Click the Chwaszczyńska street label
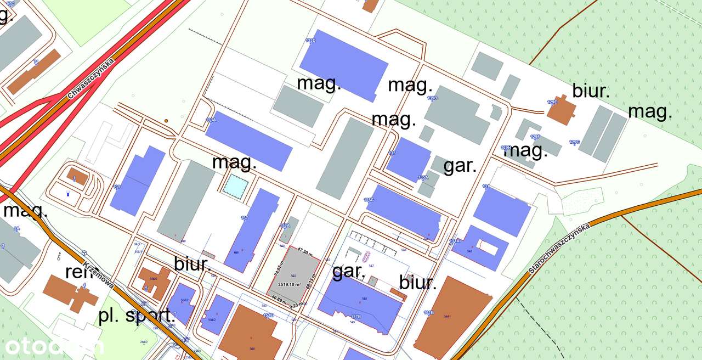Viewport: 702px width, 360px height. click(x=90, y=80)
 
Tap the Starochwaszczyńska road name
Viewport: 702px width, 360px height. click(x=559, y=249)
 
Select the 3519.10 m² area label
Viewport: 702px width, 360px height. click(x=290, y=284)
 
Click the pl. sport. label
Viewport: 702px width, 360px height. click(x=137, y=316)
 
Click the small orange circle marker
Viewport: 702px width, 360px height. click(x=166, y=120)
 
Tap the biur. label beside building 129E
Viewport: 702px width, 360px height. click(x=591, y=91)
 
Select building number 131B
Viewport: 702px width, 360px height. click(x=428, y=313)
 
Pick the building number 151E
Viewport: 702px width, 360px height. click(x=268, y=316)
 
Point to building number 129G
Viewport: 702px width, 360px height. click(x=574, y=143)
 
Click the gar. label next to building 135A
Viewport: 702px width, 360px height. click(x=460, y=166)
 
